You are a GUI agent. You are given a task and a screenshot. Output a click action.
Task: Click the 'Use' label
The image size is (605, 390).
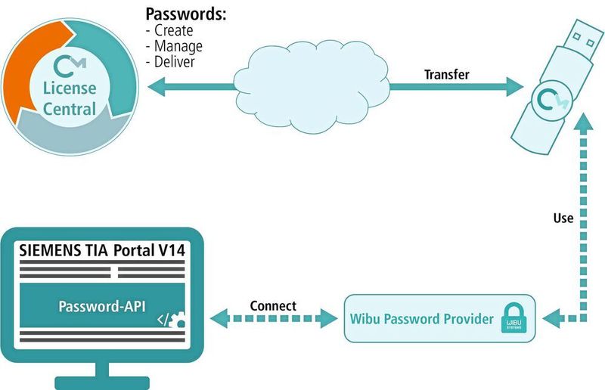563,218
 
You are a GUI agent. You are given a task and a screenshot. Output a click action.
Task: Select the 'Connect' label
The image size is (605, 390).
272,306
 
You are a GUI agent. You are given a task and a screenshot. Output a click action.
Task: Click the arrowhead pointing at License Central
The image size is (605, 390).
154,88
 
